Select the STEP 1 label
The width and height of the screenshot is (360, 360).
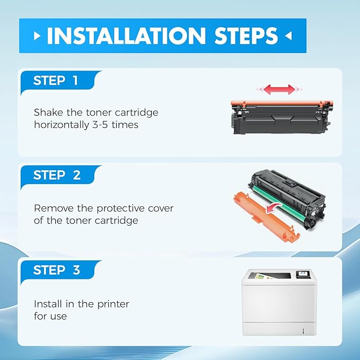[x=56, y=81]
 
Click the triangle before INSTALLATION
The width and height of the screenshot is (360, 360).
[x=37, y=36]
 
